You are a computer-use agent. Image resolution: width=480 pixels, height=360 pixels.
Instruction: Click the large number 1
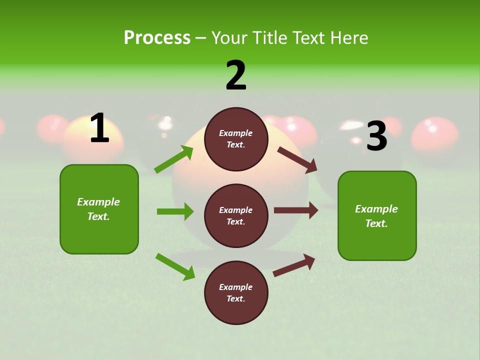(x=99, y=128)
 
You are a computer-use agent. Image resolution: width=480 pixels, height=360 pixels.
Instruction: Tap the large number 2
(x=236, y=75)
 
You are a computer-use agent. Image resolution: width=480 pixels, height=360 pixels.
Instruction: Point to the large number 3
(x=376, y=136)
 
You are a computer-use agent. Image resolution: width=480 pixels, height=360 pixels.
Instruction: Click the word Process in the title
(x=157, y=37)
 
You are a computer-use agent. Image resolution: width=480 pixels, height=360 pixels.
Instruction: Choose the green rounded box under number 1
(x=99, y=209)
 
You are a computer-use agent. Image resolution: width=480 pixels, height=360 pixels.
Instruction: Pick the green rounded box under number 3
(x=377, y=215)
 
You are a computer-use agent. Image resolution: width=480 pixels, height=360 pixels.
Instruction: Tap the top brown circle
(x=236, y=139)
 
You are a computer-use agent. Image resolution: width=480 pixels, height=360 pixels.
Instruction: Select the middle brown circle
(x=236, y=215)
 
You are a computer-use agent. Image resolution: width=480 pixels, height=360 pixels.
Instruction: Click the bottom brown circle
(x=236, y=292)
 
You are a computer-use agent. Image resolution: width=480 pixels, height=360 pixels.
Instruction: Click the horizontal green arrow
(x=175, y=211)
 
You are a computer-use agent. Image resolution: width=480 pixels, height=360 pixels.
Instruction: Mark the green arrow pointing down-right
(x=175, y=266)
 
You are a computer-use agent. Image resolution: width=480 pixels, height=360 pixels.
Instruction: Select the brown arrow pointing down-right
(x=297, y=159)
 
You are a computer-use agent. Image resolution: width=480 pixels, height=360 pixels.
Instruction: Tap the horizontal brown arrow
(x=296, y=210)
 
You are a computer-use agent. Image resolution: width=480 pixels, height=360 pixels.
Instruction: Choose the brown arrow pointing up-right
(x=294, y=265)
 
